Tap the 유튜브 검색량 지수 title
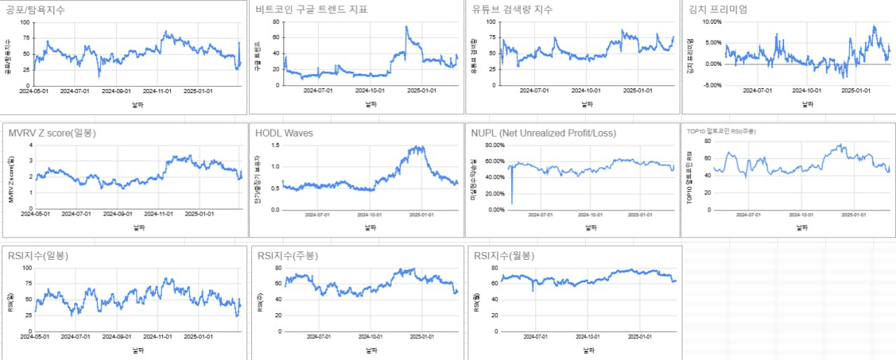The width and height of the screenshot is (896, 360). click(x=513, y=10)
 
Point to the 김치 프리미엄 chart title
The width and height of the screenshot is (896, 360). click(x=718, y=10)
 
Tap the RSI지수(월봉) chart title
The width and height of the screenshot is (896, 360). click(x=503, y=256)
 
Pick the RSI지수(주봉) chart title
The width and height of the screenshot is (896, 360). click(x=288, y=256)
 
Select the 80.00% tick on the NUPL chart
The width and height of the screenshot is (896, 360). click(x=489, y=146)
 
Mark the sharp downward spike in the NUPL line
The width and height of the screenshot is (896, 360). click(x=512, y=203)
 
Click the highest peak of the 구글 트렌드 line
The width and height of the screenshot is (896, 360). click(x=406, y=27)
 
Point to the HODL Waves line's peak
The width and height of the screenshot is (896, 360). click(x=419, y=147)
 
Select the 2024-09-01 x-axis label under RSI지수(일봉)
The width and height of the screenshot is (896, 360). click(x=113, y=337)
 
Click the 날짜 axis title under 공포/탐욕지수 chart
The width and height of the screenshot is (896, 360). click(x=138, y=104)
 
